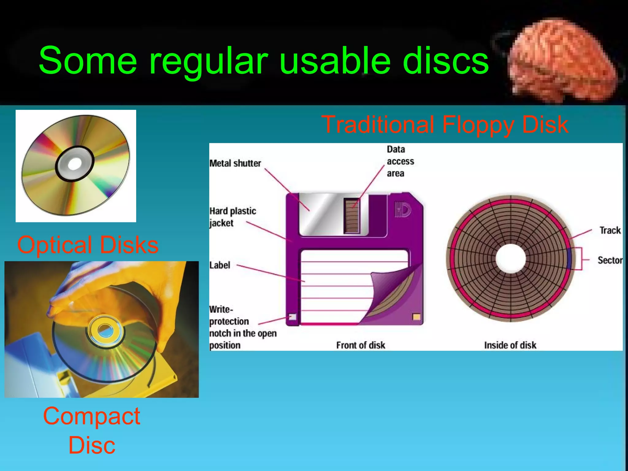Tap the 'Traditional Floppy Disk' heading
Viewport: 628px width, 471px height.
(445, 124)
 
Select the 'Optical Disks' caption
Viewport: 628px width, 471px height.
(88, 245)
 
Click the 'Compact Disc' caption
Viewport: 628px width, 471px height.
(92, 430)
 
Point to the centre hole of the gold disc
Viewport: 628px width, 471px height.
(75, 164)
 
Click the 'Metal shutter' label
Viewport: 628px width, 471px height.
(235, 163)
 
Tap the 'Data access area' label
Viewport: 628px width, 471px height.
(400, 161)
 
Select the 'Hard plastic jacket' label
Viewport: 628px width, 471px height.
(232, 217)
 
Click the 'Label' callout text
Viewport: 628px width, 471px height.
(220, 265)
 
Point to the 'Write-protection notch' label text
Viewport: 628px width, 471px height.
(242, 327)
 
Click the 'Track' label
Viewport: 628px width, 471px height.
(610, 230)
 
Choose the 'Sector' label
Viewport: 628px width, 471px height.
(610, 260)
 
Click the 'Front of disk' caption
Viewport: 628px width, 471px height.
(360, 345)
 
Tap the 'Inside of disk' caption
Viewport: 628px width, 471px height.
(510, 345)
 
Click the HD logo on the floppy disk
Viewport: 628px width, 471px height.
(403, 210)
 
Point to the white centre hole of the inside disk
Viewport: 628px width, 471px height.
(510, 258)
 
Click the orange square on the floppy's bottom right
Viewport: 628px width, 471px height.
(416, 317)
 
